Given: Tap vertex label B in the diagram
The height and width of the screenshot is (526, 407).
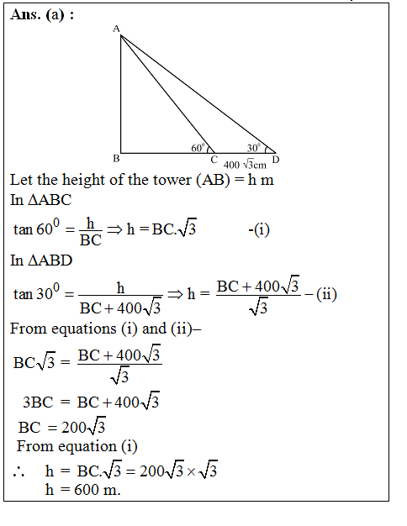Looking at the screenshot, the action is (x=115, y=158).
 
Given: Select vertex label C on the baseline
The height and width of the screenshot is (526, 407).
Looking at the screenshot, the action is (x=214, y=160).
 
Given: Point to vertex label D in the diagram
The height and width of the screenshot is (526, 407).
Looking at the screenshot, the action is (x=276, y=160).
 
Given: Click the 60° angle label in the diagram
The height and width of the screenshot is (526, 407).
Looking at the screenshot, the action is (x=198, y=148).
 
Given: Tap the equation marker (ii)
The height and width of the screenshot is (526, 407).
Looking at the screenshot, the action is (x=324, y=293).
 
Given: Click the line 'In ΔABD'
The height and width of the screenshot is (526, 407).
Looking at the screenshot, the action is (x=41, y=260).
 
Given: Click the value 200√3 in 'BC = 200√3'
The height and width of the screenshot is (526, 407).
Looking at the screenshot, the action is (x=85, y=427).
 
